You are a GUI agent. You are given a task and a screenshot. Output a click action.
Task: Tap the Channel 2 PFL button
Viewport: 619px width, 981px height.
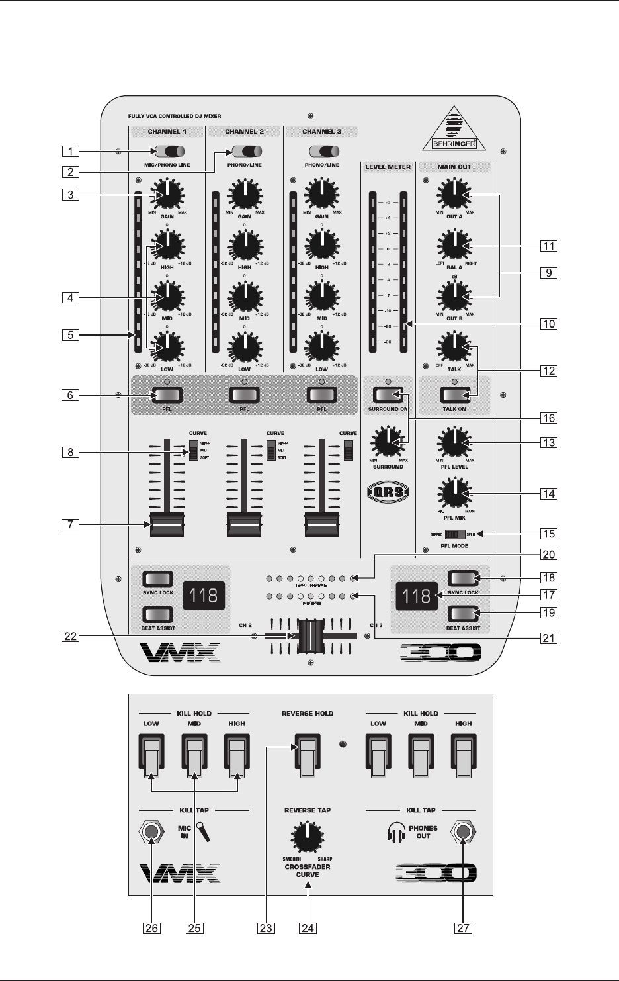point(245,395)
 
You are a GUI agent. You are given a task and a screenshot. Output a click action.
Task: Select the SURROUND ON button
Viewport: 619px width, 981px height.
point(388,395)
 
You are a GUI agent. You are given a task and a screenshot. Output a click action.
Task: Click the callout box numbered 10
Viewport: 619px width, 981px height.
point(548,324)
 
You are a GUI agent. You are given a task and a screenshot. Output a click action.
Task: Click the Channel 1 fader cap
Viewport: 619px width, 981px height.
point(167,524)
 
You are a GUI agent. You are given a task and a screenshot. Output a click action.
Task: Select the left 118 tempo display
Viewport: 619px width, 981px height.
point(203,595)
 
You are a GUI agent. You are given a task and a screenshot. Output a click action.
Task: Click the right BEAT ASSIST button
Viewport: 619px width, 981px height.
point(464,613)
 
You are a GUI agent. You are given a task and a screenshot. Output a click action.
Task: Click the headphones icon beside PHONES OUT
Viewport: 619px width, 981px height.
point(397,832)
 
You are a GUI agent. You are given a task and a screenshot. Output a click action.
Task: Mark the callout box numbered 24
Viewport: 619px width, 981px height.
point(307,928)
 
